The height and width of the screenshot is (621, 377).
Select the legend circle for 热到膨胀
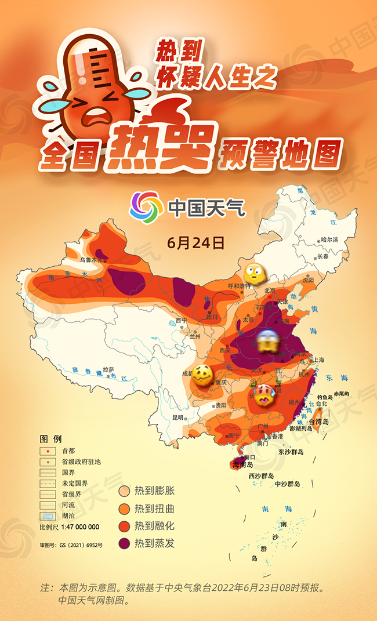(x=124, y=492)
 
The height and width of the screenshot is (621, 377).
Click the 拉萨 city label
(x=108, y=369)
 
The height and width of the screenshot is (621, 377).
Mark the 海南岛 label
(x=242, y=464)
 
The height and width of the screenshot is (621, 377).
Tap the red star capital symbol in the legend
(x=48, y=451)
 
